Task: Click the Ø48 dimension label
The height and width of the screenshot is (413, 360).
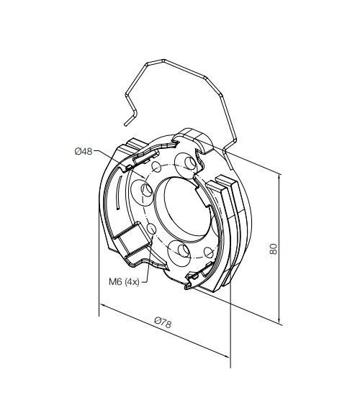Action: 83,151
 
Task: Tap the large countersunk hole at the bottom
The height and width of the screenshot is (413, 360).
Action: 181,250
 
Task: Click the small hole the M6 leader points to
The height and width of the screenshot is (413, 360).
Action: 153,230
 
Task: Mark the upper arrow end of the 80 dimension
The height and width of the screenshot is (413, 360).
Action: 278,172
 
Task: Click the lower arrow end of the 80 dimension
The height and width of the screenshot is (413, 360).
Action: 278,324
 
